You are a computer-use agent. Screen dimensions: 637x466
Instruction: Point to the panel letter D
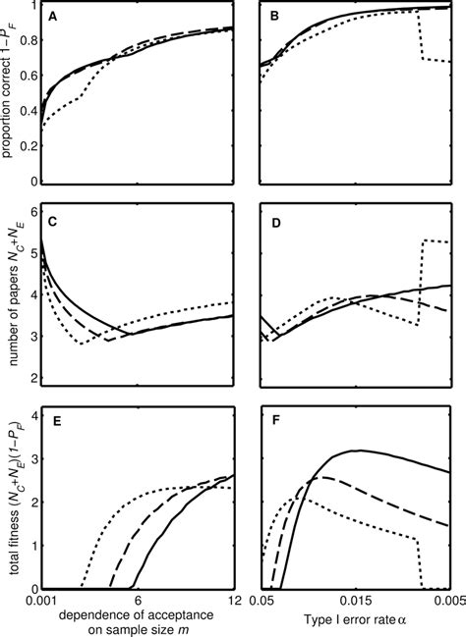pyautogui.click(x=274, y=222)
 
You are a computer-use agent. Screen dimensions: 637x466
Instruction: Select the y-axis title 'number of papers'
pyautogui.click(x=9, y=294)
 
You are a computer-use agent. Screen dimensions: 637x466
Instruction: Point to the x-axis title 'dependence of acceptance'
pyautogui.click(x=136, y=613)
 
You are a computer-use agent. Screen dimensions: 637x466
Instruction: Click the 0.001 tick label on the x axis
pyautogui.click(x=40, y=599)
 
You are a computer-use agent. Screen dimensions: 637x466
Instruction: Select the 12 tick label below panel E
pyautogui.click(x=233, y=599)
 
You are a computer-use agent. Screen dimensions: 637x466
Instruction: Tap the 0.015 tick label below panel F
pyautogui.click(x=356, y=599)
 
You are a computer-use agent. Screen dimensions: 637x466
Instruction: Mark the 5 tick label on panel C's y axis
pyautogui.click(x=32, y=251)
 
